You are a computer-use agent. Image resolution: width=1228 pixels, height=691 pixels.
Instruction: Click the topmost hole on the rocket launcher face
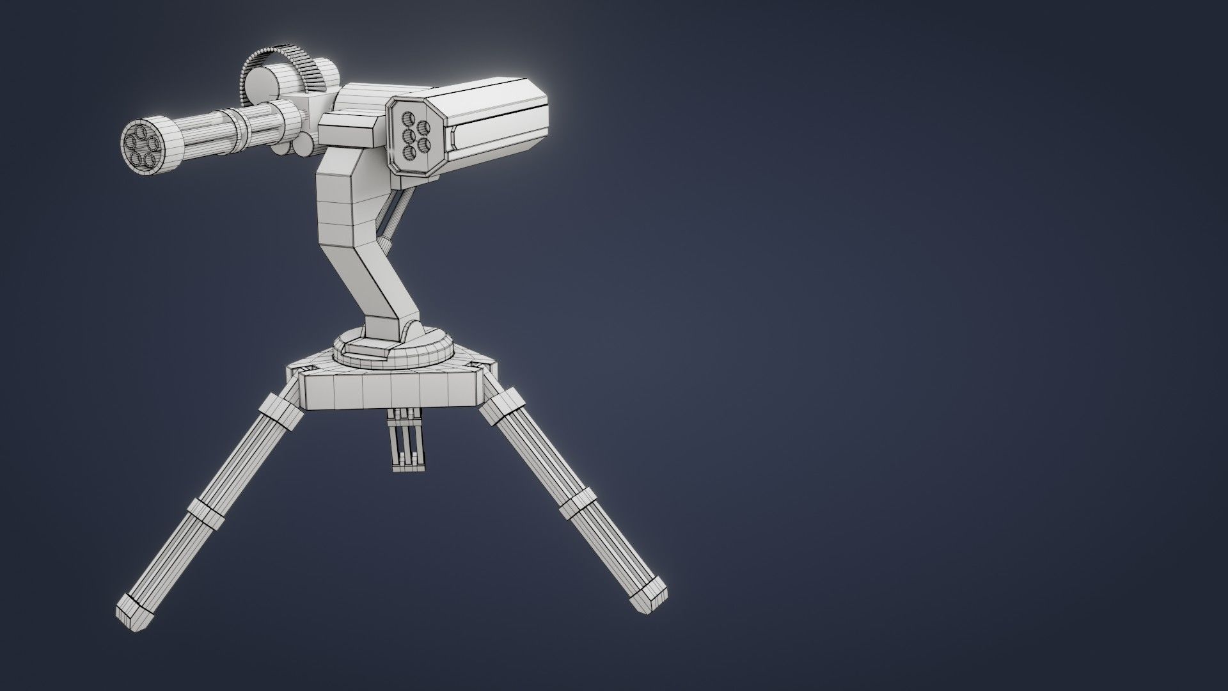[x=407, y=118]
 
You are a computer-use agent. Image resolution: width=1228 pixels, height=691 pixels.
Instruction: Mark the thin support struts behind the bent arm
[x=391, y=218]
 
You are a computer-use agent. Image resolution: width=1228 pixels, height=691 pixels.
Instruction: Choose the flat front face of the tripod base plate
[x=390, y=391]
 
